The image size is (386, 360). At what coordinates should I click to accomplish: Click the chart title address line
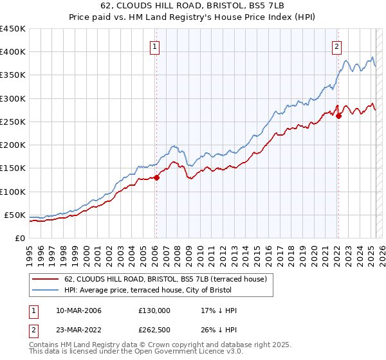(x=192, y=6)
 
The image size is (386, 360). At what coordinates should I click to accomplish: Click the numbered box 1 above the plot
(x=156, y=46)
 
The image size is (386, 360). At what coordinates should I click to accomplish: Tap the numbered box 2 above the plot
(x=337, y=46)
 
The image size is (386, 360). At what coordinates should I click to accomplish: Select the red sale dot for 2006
(x=156, y=177)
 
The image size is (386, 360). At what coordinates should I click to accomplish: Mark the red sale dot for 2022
(x=339, y=116)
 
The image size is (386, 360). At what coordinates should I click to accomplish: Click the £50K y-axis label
(x=15, y=215)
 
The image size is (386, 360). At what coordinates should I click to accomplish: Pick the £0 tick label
(x=21, y=239)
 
